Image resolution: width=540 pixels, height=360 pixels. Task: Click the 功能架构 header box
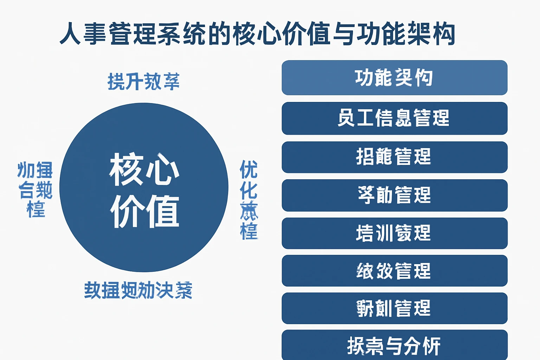(x=394, y=78)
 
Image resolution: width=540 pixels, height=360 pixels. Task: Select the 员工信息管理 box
(x=394, y=118)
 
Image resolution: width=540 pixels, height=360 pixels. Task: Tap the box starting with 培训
(x=394, y=233)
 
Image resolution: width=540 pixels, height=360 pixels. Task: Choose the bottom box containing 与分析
(x=394, y=345)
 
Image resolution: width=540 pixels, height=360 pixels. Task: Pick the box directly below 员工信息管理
(x=394, y=157)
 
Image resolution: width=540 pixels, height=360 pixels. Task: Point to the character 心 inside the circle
(x=162, y=169)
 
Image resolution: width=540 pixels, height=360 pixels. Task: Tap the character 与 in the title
(x=344, y=34)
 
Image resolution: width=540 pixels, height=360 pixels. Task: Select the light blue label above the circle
(x=143, y=82)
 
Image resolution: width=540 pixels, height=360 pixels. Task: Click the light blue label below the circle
(x=138, y=290)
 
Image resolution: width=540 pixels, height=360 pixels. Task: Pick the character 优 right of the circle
(x=249, y=169)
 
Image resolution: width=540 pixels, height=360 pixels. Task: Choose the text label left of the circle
(x=35, y=190)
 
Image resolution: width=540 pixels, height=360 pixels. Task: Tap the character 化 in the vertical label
(x=249, y=191)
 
